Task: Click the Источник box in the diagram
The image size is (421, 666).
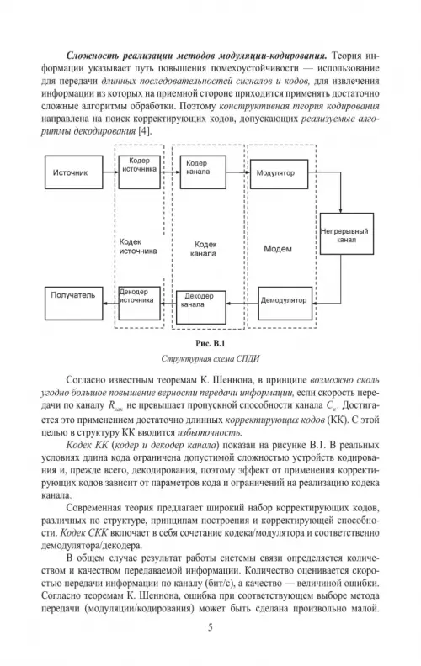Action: click(73, 172)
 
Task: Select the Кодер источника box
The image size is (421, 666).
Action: click(139, 172)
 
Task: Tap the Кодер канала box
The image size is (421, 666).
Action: click(203, 172)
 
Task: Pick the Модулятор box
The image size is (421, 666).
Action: click(279, 174)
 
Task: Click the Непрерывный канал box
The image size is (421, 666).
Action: click(347, 234)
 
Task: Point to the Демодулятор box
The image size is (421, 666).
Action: click(285, 304)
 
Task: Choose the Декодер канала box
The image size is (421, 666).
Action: click(201, 308)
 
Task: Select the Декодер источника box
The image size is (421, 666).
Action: click(139, 304)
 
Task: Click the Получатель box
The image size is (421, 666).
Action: click(73, 304)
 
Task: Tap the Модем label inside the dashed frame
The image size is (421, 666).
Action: click(278, 249)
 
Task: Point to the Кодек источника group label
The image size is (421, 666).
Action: click(138, 246)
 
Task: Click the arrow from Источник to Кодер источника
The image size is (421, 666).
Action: click(110, 172)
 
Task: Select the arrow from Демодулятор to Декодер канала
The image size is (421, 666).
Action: click(242, 304)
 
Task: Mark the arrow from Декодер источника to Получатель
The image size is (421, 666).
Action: click(110, 304)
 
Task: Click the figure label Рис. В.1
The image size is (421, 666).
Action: click(210, 343)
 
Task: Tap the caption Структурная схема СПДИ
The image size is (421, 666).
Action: click(210, 359)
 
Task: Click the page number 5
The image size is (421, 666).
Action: click(210, 627)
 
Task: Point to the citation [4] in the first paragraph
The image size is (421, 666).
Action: click(145, 131)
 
